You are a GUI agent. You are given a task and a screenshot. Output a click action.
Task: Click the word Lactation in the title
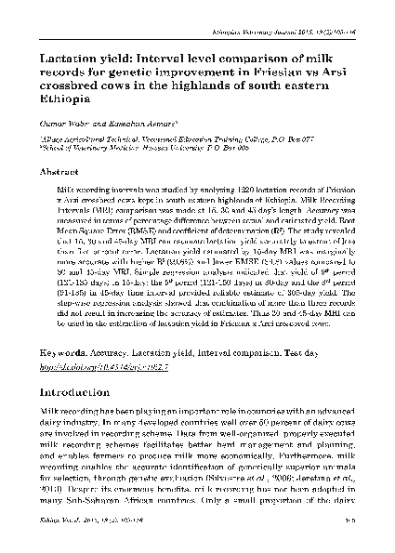pos(65,59)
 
